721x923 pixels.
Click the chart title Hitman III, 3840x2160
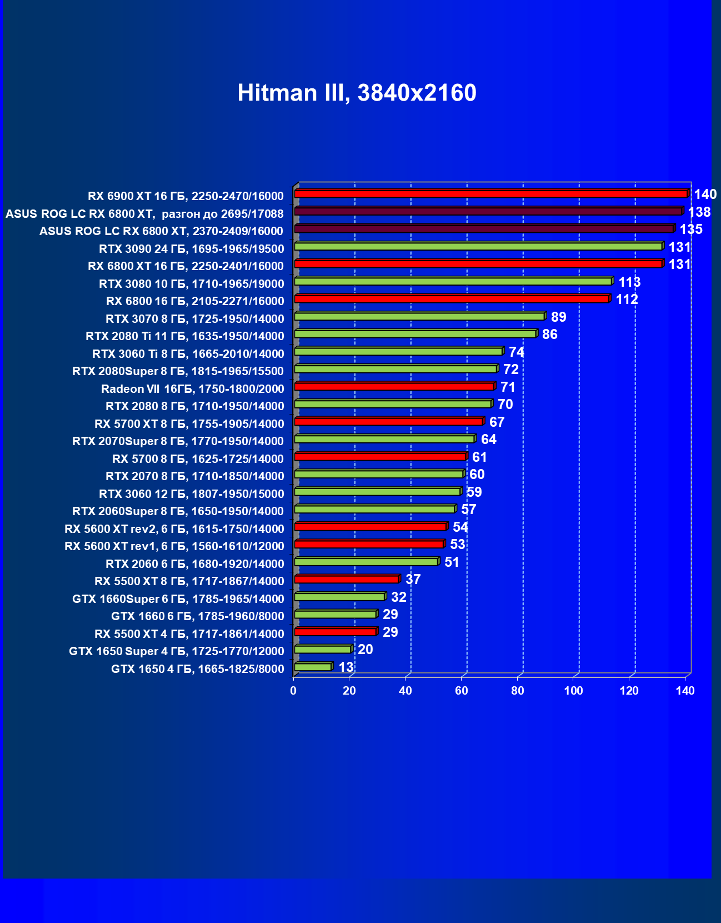(x=357, y=93)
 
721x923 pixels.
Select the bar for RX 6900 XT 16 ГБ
(x=491, y=194)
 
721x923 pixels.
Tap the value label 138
(x=699, y=212)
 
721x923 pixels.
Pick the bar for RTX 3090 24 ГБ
(x=478, y=246)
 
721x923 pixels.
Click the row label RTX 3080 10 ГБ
(x=192, y=284)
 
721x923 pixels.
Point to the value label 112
(x=627, y=300)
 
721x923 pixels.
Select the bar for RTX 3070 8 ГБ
(x=419, y=317)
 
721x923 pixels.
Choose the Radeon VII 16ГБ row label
(x=193, y=389)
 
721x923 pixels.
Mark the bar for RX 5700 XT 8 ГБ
(x=389, y=422)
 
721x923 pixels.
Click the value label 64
(x=488, y=440)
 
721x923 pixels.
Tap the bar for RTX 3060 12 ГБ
(x=378, y=492)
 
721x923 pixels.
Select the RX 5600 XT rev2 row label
(x=174, y=529)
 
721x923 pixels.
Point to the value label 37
(x=413, y=580)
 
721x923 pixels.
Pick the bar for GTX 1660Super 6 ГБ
(x=340, y=597)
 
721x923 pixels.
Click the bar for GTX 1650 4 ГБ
(x=313, y=667)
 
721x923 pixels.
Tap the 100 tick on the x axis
(x=573, y=691)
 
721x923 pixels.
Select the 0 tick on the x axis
(x=293, y=691)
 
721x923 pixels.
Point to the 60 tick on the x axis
(x=461, y=691)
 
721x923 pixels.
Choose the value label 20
(x=365, y=650)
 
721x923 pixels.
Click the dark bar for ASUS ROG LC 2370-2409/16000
(x=484, y=229)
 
